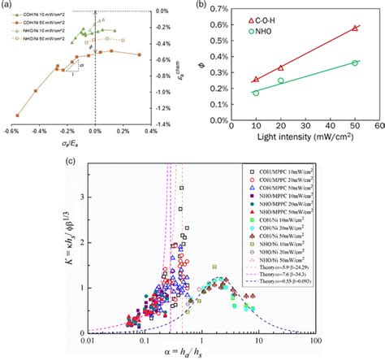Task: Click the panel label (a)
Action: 6,6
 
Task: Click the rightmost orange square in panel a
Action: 140,55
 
